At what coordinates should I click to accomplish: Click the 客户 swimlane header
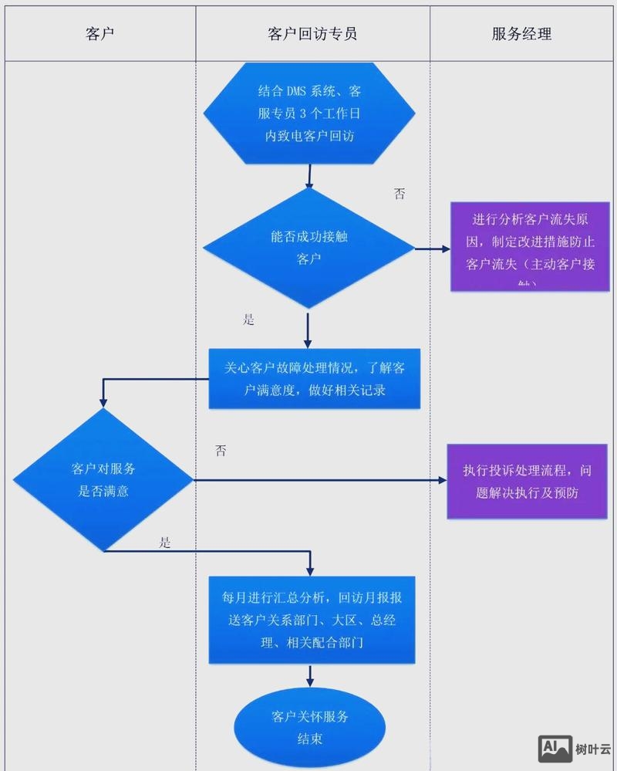(100, 34)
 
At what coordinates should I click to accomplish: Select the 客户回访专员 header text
(312, 34)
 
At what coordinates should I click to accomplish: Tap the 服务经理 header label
(521, 34)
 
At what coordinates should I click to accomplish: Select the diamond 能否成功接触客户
(308, 249)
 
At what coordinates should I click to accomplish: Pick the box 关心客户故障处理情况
(315, 379)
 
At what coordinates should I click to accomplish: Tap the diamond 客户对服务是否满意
(103, 479)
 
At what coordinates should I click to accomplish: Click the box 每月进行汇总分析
(314, 620)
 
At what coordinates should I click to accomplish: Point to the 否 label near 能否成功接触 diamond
(399, 194)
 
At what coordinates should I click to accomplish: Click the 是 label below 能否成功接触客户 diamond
(248, 320)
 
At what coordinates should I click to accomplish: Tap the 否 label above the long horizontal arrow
(221, 451)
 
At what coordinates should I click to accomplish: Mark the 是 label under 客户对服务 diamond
(164, 542)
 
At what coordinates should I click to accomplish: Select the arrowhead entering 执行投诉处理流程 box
(442, 480)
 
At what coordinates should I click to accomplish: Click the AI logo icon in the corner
(555, 747)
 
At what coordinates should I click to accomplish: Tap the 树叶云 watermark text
(593, 748)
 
